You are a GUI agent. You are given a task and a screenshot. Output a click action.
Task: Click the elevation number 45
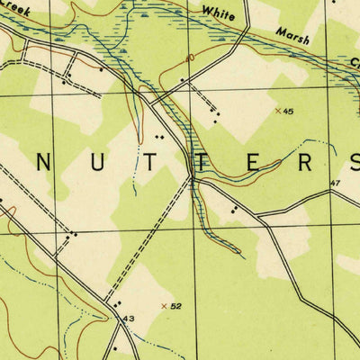[288, 112]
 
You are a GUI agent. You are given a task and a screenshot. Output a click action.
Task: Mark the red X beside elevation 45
[277, 111]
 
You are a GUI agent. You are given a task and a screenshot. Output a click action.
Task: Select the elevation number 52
[176, 307]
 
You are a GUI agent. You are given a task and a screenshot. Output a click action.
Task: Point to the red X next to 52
[164, 306]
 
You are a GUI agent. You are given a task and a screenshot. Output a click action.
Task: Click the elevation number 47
[335, 184]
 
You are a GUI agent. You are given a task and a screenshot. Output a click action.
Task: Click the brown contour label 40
[190, 58]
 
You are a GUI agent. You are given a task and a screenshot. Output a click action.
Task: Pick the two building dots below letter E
[234, 208]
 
